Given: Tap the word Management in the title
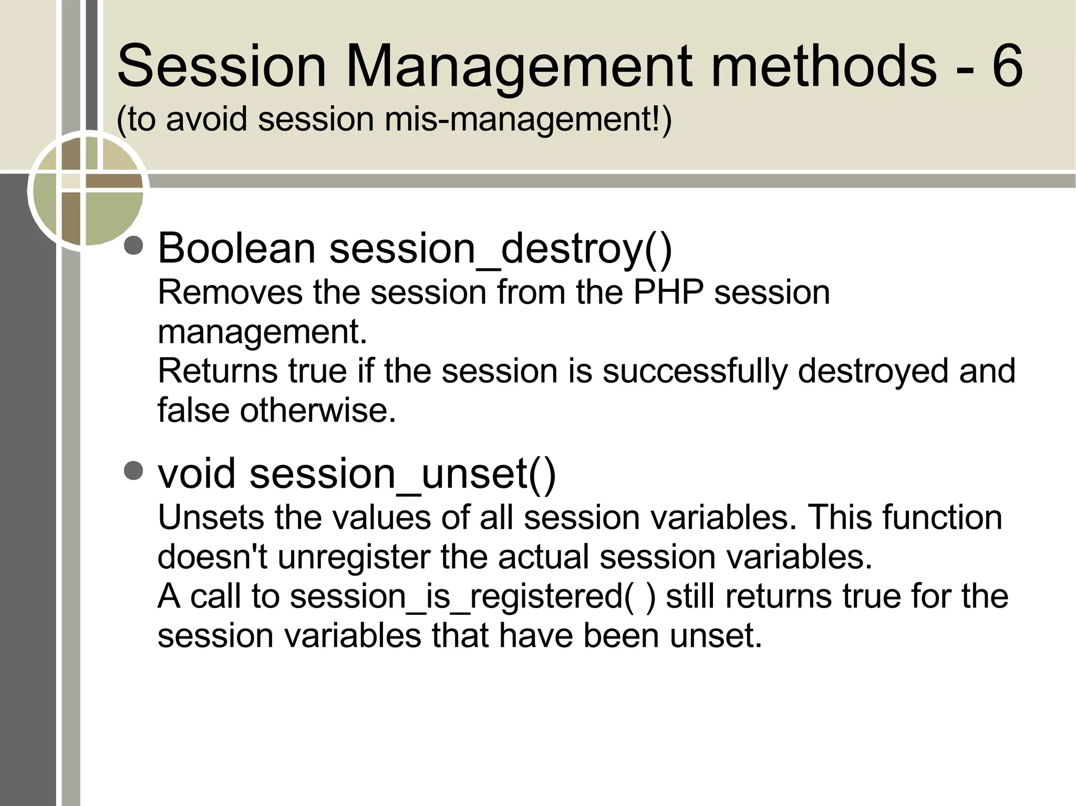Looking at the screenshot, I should (x=517, y=67).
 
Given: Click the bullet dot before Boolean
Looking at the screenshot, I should (x=134, y=246).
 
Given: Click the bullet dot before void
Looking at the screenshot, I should (x=134, y=471).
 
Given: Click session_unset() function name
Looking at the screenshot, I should (x=402, y=473).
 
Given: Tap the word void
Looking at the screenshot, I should (x=196, y=473).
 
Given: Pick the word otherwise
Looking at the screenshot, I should (x=317, y=410).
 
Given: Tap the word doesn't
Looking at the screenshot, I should (x=212, y=557).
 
